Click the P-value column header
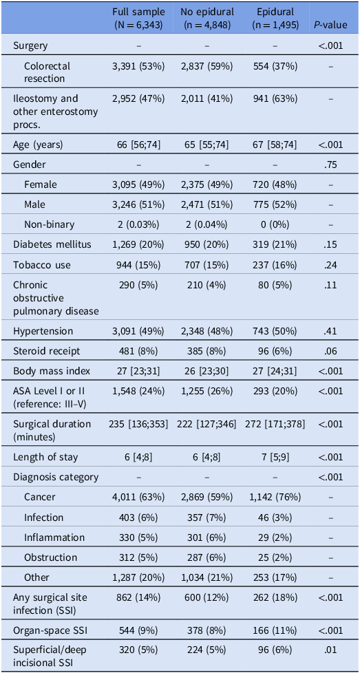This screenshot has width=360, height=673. click(330, 25)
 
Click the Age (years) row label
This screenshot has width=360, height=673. click(38, 145)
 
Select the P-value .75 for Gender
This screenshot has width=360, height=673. click(330, 164)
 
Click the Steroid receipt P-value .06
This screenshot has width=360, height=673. click(330, 351)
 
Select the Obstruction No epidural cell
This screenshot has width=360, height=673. click(207, 557)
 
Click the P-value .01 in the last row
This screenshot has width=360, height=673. click(330, 650)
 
